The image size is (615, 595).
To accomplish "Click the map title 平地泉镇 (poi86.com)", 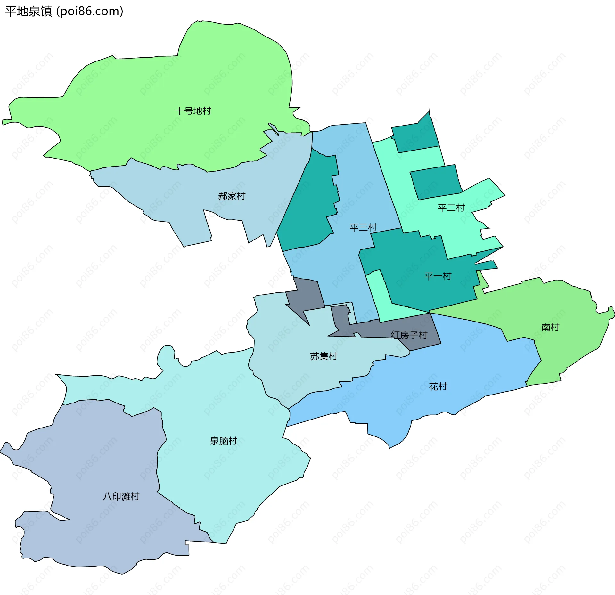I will [64, 12].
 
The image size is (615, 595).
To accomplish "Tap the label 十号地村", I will [193, 111].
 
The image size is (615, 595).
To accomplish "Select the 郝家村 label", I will [232, 196].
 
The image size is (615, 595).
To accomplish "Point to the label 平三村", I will [363, 227].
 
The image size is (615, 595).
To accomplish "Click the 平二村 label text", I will [451, 208].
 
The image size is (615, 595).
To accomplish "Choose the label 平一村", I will [438, 276].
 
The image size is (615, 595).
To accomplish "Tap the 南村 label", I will [550, 327].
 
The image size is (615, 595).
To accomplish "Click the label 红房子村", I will [409, 335].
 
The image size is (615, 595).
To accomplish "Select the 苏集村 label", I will [324, 356].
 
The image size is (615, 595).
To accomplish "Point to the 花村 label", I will [438, 387].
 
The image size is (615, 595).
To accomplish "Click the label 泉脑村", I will [223, 441].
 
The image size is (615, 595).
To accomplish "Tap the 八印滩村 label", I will [121, 496].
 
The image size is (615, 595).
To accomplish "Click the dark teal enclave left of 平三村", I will [307, 208].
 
